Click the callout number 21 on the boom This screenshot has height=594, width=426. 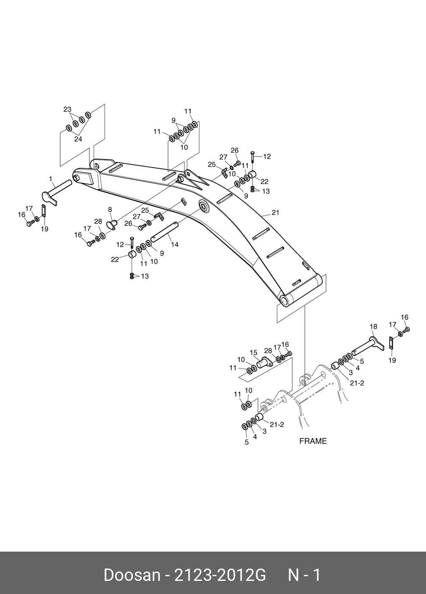(x=275, y=213)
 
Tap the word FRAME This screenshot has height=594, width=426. (x=313, y=441)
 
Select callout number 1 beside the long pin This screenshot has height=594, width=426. (x=50, y=179)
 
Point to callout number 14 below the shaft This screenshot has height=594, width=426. (x=174, y=245)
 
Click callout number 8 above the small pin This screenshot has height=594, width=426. (x=110, y=209)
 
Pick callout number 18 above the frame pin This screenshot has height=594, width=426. (x=373, y=326)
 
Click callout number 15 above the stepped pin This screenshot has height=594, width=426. (x=254, y=352)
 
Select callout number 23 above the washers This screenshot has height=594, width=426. (x=67, y=109)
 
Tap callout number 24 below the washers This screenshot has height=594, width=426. (x=78, y=139)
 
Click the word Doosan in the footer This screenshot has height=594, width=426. (x=132, y=575)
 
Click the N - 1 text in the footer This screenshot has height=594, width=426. (x=304, y=575)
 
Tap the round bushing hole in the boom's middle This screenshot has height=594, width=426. (x=204, y=207)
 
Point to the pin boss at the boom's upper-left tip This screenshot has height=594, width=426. (x=77, y=178)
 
